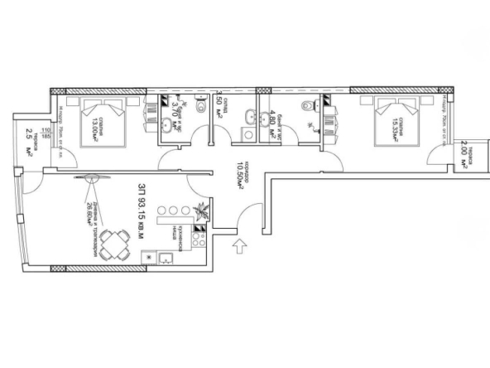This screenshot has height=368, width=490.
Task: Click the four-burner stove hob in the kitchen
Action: coord(199,242)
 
